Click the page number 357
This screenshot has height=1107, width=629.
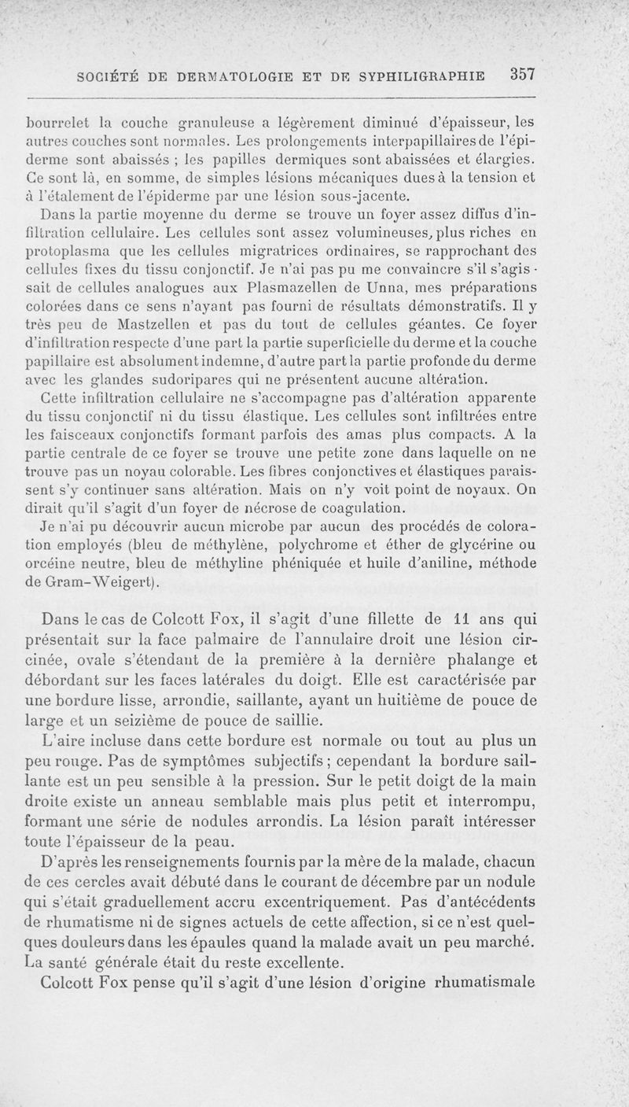click(x=521, y=75)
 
